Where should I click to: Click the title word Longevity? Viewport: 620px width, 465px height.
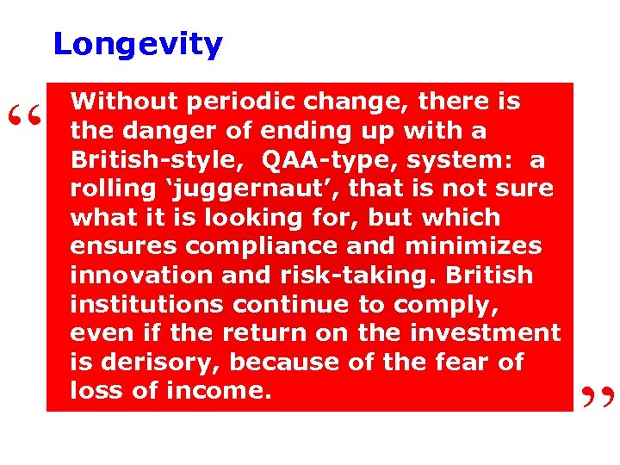[x=138, y=44]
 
